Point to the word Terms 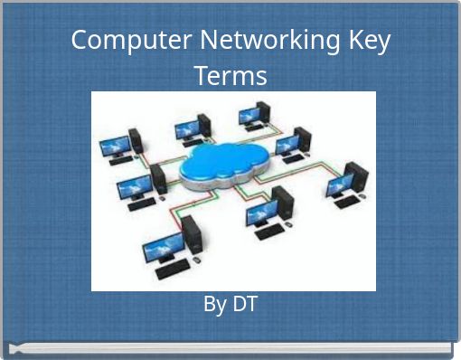(x=230, y=75)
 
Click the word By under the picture (x=215, y=305)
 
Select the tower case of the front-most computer (x=192, y=237)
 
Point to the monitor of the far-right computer (x=339, y=185)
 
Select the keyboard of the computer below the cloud (x=268, y=232)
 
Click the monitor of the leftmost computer (x=114, y=145)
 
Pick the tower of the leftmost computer (x=136, y=139)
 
